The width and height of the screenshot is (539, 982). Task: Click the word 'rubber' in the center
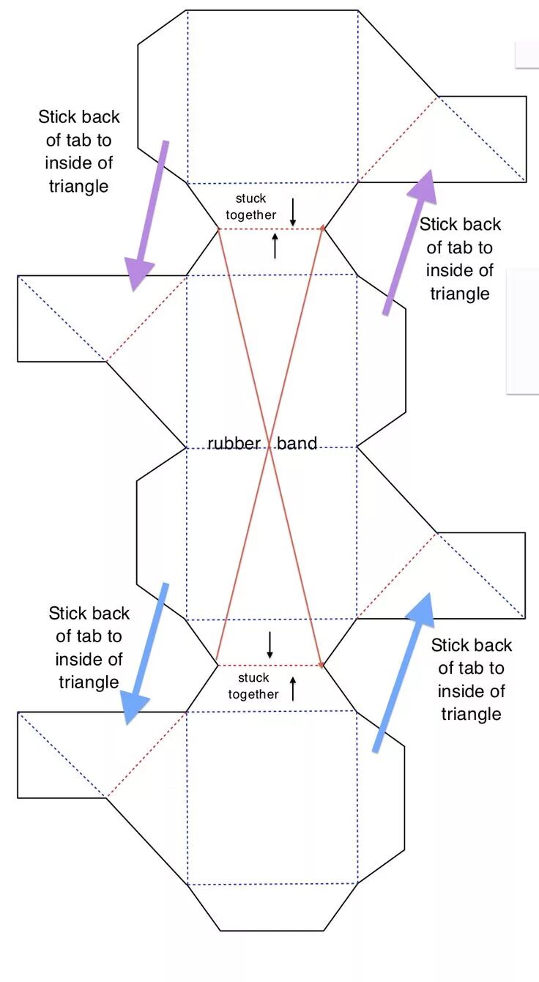234,443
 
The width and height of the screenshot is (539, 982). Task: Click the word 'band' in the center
297,443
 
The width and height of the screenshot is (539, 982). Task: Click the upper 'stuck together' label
251,207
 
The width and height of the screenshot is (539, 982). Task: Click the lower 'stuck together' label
253,685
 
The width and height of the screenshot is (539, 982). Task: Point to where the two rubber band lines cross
269,447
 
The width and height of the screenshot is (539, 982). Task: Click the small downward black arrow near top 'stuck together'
293,212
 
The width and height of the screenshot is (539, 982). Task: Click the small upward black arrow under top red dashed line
275,245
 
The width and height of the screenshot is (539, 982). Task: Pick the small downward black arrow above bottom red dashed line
269,644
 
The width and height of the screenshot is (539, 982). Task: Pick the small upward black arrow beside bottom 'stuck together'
293,688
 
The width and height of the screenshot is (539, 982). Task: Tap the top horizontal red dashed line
270,229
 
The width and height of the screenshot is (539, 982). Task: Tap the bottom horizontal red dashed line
270,665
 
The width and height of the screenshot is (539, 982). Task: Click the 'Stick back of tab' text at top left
79,151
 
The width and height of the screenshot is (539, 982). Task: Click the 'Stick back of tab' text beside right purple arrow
460,258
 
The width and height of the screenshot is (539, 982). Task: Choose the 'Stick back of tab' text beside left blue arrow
89,647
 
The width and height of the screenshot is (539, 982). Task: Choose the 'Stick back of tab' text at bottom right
472,679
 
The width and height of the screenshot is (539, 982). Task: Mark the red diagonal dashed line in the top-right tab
398,139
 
